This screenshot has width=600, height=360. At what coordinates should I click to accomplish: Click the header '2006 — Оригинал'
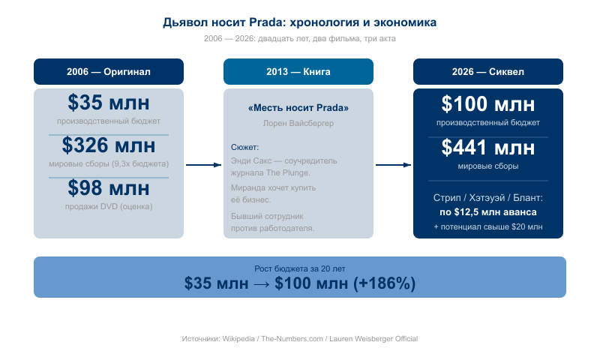pos(109,71)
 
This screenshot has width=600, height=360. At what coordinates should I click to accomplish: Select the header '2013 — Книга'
pos(298,71)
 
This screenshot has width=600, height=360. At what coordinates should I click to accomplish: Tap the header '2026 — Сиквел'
pos(488,71)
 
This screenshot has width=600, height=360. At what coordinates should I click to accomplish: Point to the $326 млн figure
pos(109,145)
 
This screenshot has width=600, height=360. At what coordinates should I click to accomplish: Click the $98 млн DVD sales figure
pos(109,187)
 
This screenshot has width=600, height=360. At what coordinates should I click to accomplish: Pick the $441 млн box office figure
pos(488,147)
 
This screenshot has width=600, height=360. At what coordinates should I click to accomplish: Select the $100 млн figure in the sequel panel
pos(488,104)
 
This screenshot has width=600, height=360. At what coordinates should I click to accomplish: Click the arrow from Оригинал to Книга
pos(203,165)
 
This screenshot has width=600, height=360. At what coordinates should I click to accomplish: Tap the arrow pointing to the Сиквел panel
pos(393,165)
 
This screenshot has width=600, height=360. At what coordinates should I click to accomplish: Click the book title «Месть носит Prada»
pos(298,108)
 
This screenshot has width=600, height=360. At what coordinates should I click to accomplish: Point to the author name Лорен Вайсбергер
pos(298,123)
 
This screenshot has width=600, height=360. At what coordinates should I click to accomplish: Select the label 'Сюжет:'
pos(245,147)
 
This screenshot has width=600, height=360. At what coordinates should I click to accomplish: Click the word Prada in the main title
pos(267,22)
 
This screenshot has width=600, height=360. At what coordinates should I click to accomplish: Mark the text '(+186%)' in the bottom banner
pos(384,283)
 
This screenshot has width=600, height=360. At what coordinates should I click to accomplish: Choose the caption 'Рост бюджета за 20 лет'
pos(300,268)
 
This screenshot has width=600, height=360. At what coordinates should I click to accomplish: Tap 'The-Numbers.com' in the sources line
pos(292,338)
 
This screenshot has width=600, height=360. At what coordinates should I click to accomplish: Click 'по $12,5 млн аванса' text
pos(488,212)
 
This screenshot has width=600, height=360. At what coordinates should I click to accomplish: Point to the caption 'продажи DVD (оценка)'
pos(109,206)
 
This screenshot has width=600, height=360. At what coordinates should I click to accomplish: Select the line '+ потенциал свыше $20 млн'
pos(488,226)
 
